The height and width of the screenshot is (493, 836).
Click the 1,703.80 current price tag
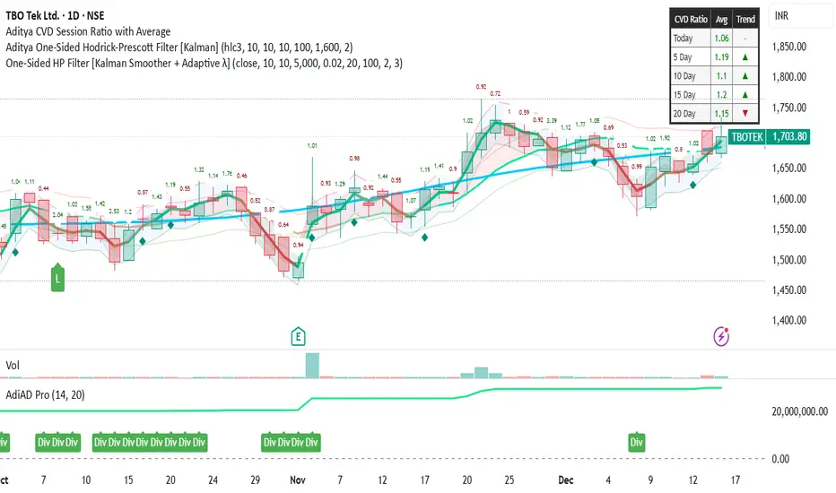pos(791,137)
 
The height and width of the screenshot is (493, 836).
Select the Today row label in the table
pos(684,38)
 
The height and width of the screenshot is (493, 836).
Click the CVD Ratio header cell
pos(691,19)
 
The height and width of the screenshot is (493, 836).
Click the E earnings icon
pos(298,336)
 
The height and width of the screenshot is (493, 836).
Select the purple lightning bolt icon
pos(722,336)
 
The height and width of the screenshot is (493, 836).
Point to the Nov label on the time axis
pos(297,480)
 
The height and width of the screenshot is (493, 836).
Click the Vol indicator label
pos(13,366)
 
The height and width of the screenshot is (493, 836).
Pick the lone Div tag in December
pos(637,442)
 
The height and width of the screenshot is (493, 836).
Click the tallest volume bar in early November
pos(311,364)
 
